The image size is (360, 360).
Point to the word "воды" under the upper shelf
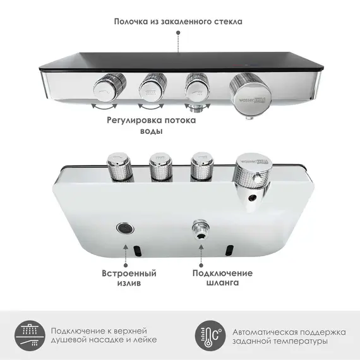(151, 132)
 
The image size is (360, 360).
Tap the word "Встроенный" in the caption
(129, 273)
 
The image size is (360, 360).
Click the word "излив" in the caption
(129, 284)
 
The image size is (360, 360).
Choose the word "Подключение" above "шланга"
(222, 273)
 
